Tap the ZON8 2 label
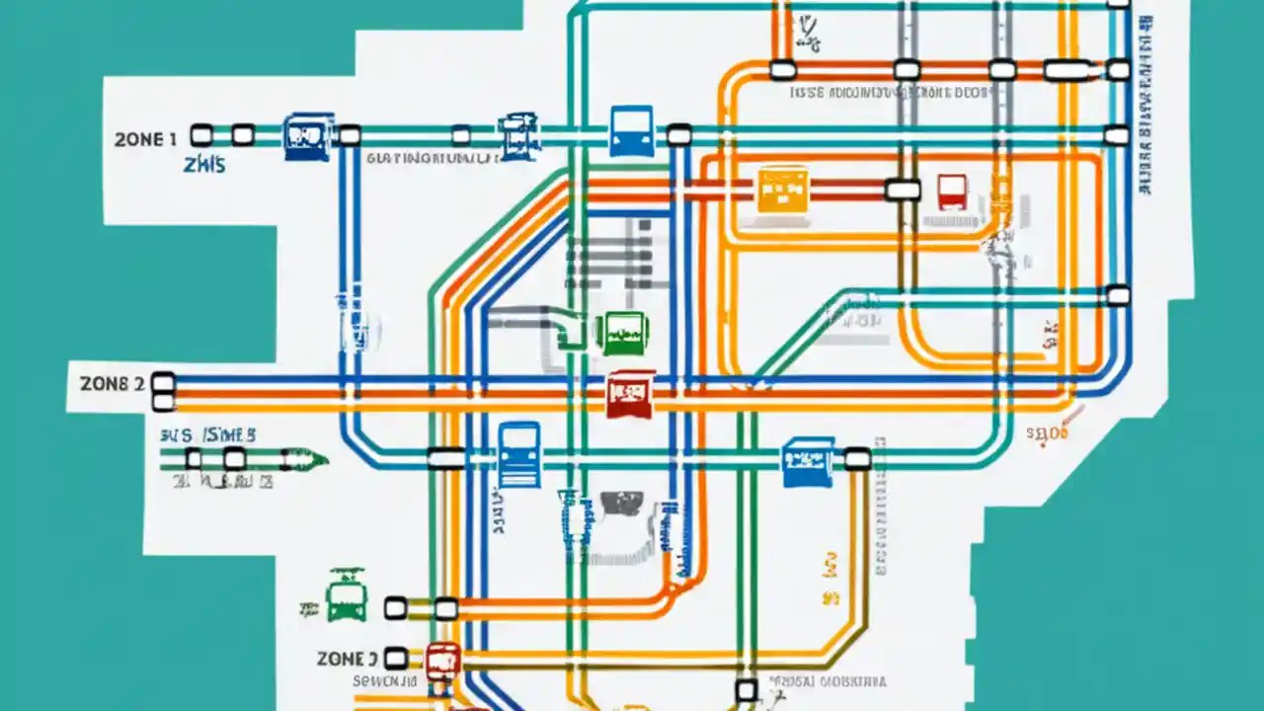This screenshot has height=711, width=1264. click(x=112, y=383)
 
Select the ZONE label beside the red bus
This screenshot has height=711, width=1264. click(x=348, y=658)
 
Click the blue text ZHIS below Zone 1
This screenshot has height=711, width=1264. click(x=204, y=164)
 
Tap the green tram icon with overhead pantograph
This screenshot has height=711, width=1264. click(x=347, y=594)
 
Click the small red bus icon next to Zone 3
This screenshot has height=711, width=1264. click(x=442, y=661)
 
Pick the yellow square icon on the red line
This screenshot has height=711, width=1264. click(x=782, y=189)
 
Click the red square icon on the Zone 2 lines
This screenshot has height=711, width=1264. click(x=630, y=393)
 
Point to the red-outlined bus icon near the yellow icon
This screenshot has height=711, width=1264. click(x=952, y=191)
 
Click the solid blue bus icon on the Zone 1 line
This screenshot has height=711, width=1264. click(x=632, y=131)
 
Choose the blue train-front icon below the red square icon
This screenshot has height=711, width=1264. click(x=519, y=454)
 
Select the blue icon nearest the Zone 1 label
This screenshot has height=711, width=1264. click(x=307, y=136)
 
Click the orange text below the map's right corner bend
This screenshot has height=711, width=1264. click(x=1048, y=433)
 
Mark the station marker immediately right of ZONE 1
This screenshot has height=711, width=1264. click(x=201, y=135)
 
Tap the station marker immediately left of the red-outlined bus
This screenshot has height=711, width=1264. click(x=903, y=190)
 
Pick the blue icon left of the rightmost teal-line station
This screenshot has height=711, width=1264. click(x=807, y=462)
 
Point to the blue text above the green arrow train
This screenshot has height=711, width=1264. click(x=207, y=434)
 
